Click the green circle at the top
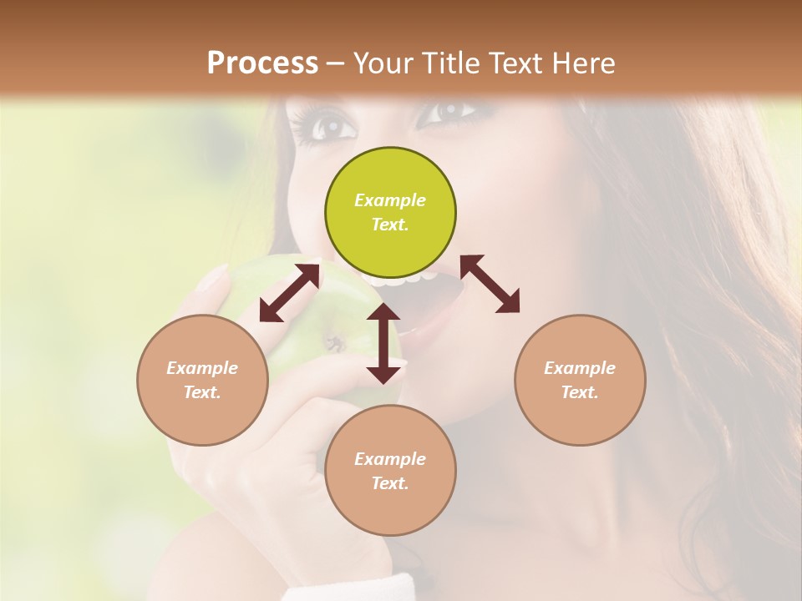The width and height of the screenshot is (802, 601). pos(390,213)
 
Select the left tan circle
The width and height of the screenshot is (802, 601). pos(202,380)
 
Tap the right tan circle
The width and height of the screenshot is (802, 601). pos(579,380)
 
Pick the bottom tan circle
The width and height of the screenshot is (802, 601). pos(390,470)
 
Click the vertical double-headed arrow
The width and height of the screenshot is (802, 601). pos(383,343)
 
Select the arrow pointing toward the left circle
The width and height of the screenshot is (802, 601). pos(289,293)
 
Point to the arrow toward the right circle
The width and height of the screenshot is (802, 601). pos(490,284)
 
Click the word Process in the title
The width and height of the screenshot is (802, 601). pos(262,63)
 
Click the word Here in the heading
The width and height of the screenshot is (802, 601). pos(584,63)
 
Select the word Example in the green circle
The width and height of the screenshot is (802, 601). pos(390,200)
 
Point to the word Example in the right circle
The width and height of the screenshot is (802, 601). pos(579,368)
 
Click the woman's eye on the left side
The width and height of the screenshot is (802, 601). pos(332,125)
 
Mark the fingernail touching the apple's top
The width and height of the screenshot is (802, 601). pos(213,276)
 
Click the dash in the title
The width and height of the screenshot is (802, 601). pos(336,63)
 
